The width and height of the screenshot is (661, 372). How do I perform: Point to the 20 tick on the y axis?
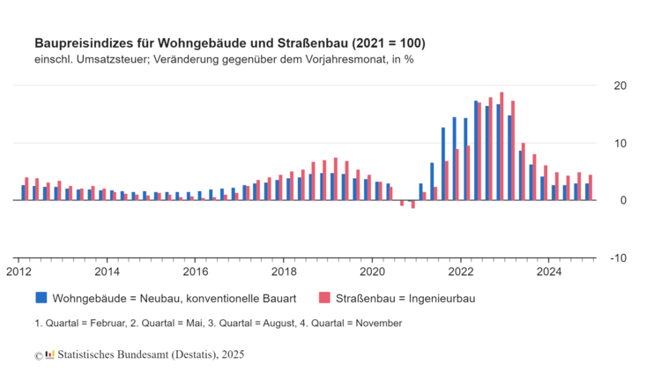point(620,86)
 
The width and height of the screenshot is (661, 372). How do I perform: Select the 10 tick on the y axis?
point(620,143)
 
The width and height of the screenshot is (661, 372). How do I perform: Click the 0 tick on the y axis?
point(623,200)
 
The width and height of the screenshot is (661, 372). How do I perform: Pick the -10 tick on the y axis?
point(619,257)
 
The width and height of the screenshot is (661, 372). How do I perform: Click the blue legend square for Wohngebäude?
point(41,298)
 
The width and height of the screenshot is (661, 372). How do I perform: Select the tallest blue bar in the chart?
point(476,151)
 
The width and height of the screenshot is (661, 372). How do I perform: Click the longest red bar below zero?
point(412,205)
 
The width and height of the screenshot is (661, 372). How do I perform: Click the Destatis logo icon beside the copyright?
point(50,354)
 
